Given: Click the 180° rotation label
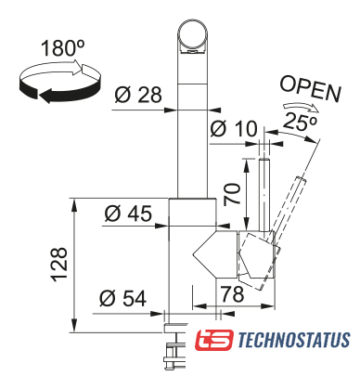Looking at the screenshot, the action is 63,48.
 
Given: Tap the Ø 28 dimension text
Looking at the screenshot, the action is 138,95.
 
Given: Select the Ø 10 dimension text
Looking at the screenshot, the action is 234,129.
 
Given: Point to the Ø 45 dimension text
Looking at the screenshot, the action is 128,214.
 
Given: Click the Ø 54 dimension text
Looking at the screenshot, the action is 123,298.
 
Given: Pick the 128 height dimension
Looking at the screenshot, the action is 58,265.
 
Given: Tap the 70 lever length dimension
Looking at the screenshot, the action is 233,193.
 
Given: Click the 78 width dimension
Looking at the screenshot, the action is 232,294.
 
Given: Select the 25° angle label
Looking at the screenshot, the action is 300,122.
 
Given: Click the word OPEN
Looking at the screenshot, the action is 310,89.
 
